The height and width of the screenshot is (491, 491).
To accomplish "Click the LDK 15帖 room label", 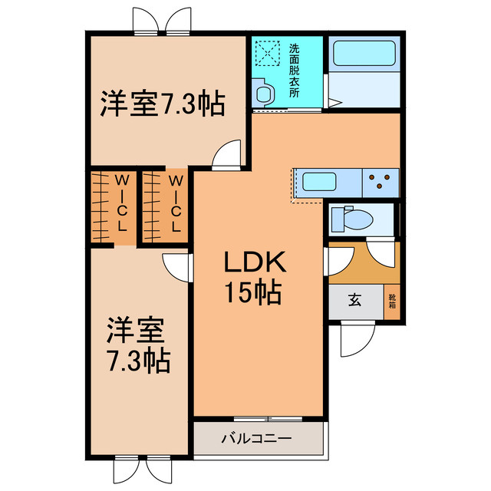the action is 254,277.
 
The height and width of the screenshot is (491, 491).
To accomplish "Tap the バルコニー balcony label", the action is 256,438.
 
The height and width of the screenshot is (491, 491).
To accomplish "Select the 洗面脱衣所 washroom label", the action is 294,71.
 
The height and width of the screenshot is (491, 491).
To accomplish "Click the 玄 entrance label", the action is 355,301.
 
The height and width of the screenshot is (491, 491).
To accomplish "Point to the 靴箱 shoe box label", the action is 392,302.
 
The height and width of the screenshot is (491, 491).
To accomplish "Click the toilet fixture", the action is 351,219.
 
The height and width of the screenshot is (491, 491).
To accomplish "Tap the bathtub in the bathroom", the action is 364,53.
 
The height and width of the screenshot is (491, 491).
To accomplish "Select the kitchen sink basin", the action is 319,182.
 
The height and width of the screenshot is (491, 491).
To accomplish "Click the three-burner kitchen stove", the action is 381,183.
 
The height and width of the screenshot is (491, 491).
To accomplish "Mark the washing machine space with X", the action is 267,54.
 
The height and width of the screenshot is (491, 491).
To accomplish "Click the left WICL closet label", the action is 122,203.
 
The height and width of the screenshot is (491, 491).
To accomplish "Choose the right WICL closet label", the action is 176,203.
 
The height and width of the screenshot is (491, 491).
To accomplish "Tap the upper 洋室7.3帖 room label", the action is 162,104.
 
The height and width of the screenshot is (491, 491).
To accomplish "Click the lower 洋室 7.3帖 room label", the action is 138,345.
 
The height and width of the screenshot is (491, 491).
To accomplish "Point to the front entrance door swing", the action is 358,339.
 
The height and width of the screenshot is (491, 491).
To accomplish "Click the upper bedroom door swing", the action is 227,154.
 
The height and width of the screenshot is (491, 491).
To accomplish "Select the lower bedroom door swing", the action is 177,267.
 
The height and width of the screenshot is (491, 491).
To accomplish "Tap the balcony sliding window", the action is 268,419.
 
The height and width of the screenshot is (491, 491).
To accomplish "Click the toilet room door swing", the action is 381,253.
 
